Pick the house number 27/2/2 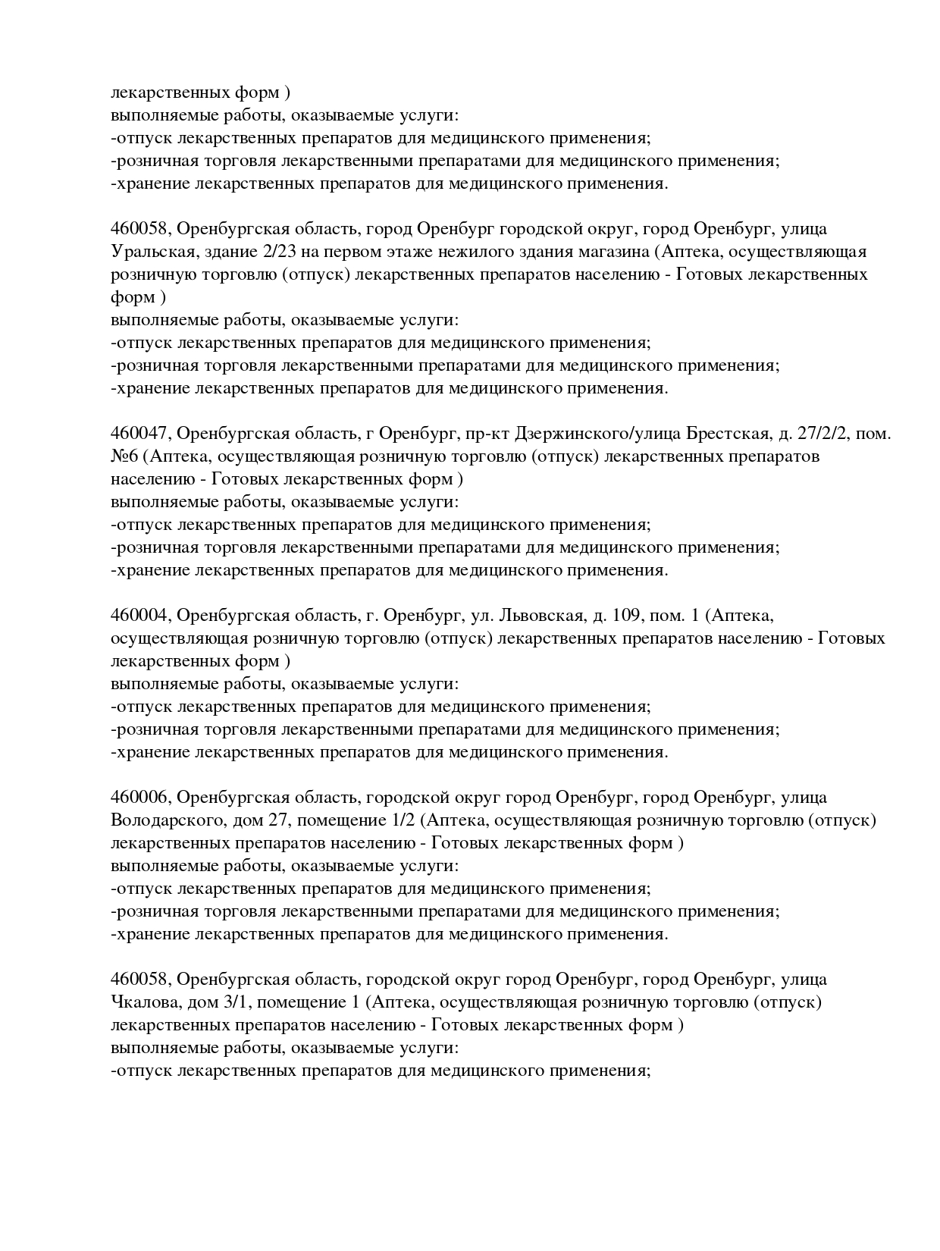(x=827, y=434)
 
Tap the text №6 (x=124, y=456)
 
